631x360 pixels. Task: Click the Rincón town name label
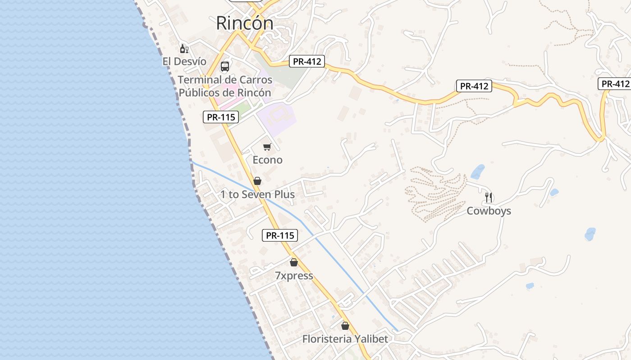pos(244,23)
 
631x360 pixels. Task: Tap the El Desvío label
pos(184,61)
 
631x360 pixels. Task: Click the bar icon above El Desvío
pos(184,49)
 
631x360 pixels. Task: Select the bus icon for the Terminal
pos(225,67)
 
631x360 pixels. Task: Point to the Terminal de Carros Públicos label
pos(225,86)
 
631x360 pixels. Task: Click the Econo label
pos(267,160)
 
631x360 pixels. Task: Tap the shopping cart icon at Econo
pos(267,147)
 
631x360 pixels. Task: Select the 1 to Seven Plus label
pos(257,194)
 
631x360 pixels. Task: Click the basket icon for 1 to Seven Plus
pos(257,181)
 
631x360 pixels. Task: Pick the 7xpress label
pos(294,275)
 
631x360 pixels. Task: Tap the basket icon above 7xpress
pos(294,262)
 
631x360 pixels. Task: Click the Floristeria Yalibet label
pos(345,339)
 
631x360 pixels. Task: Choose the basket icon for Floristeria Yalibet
pos(345,326)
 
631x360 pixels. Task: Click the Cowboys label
pos(489,211)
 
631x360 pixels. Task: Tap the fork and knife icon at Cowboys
pos(489,197)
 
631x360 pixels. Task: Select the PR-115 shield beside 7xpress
pos(280,235)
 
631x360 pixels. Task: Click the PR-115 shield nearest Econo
pos(220,117)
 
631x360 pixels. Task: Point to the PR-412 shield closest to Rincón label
pos(307,61)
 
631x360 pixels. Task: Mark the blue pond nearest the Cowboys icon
pos(477,171)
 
